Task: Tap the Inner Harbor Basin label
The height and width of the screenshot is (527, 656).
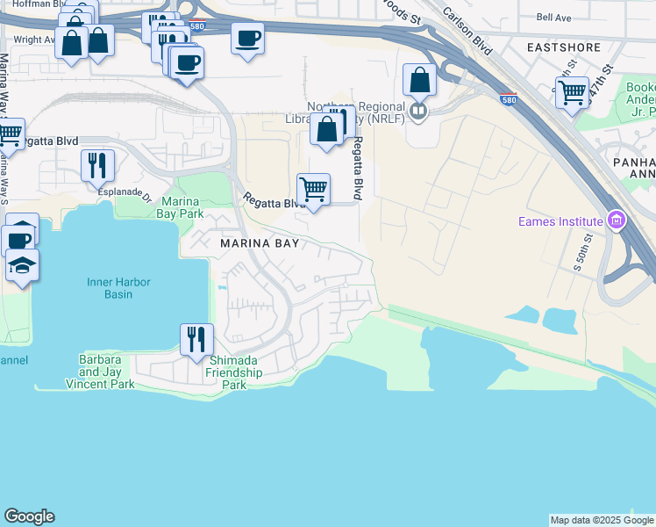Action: click(118, 288)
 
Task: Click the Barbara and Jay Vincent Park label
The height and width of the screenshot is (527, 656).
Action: click(100, 372)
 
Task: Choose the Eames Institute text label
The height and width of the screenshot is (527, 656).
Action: click(558, 220)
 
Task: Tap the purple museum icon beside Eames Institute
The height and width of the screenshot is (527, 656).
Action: click(616, 220)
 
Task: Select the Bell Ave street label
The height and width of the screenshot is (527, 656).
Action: click(553, 17)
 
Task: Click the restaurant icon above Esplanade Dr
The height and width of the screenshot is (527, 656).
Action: click(97, 163)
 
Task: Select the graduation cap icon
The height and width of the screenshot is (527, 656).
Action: click(22, 264)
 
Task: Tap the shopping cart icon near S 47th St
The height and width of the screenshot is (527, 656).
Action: click(572, 91)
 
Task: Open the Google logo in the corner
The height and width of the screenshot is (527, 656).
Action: click(29, 516)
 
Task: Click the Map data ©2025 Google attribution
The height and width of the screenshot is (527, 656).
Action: click(602, 520)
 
